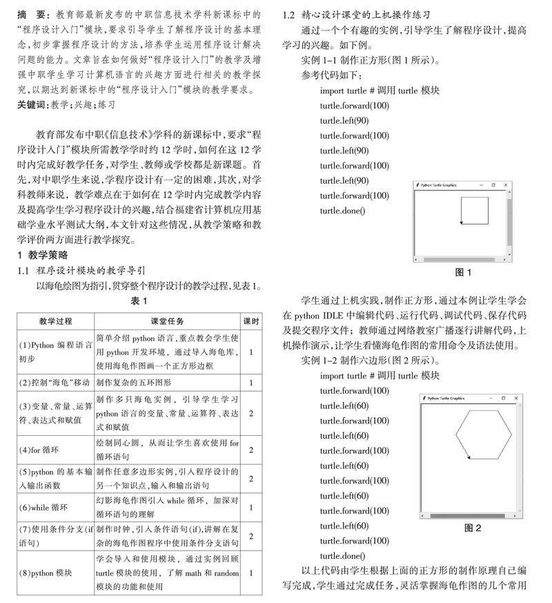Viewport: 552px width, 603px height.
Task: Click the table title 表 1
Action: tap(139, 301)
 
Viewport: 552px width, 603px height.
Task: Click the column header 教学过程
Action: tap(56, 321)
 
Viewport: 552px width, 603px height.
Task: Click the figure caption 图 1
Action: tap(464, 271)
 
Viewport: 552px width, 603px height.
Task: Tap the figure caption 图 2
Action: tap(473, 528)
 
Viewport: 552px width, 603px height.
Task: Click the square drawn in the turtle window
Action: tap(475, 210)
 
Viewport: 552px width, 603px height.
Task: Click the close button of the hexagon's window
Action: tap(517, 399)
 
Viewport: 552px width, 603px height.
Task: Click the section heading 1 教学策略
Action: tap(43, 255)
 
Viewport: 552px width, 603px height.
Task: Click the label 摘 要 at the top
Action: tap(32, 15)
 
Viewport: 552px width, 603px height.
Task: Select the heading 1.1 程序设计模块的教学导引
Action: tap(81, 270)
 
